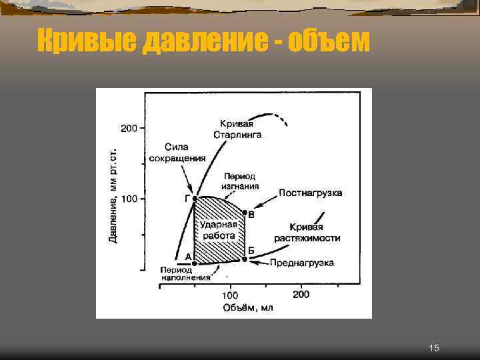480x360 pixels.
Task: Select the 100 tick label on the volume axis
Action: (229, 295)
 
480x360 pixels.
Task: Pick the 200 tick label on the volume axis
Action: (300, 294)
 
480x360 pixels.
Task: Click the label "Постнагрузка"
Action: (310, 193)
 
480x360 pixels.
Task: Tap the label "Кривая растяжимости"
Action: (307, 233)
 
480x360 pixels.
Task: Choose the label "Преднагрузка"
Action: (301, 263)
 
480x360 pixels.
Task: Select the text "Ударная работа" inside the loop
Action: (218, 230)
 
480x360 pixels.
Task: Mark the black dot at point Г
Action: (194, 199)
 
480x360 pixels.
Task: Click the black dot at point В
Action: (245, 213)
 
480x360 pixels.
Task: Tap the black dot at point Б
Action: (245, 259)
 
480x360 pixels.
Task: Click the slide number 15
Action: (434, 348)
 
